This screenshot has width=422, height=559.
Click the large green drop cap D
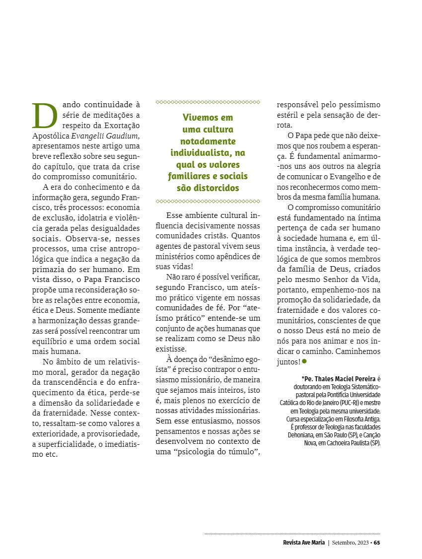[42, 115]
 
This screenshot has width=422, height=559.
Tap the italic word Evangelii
[89, 136]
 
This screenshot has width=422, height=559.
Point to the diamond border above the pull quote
[208, 102]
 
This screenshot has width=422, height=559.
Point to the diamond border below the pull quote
[208, 202]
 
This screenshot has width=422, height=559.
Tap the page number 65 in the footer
[377, 542]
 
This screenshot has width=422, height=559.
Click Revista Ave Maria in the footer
[300, 542]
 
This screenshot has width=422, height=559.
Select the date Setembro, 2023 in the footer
[350, 542]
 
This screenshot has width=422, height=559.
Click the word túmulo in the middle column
[239, 451]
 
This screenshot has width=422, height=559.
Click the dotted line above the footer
[292, 534]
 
